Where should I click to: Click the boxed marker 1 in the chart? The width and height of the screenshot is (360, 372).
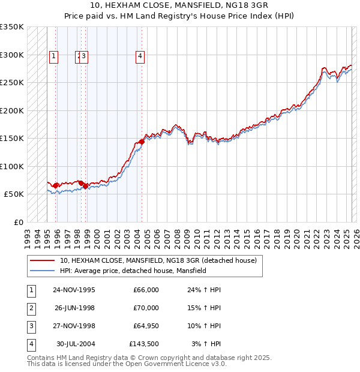coord(53,57)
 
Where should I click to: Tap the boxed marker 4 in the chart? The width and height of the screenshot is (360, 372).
coord(140,57)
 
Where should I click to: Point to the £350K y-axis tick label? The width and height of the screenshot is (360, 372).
coord(11,27)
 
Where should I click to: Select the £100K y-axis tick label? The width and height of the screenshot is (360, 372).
coord(11,166)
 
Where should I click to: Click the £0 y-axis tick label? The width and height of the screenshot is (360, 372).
coord(17,222)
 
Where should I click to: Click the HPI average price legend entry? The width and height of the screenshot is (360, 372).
coord(133,271)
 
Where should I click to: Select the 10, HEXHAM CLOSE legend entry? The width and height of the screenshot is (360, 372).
coord(158,260)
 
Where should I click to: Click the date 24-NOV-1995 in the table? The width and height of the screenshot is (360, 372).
coord(74,290)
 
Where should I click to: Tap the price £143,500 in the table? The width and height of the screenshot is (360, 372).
coord(143,344)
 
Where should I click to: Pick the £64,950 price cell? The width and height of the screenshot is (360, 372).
coord(143,326)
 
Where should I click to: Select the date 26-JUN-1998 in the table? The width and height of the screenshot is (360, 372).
coord(74,308)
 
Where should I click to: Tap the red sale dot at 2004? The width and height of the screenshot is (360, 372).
coord(142,142)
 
